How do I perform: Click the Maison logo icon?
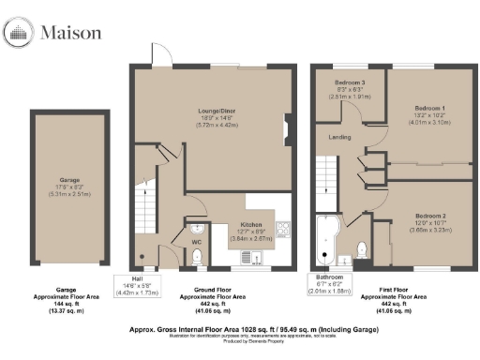[x=19, y=34]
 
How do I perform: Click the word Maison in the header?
[x=70, y=34]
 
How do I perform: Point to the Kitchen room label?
[x=249, y=225]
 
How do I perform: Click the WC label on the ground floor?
[x=197, y=242]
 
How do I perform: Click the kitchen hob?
[x=282, y=226]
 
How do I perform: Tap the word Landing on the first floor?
[x=339, y=138]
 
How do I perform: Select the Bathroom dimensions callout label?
[x=331, y=282]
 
